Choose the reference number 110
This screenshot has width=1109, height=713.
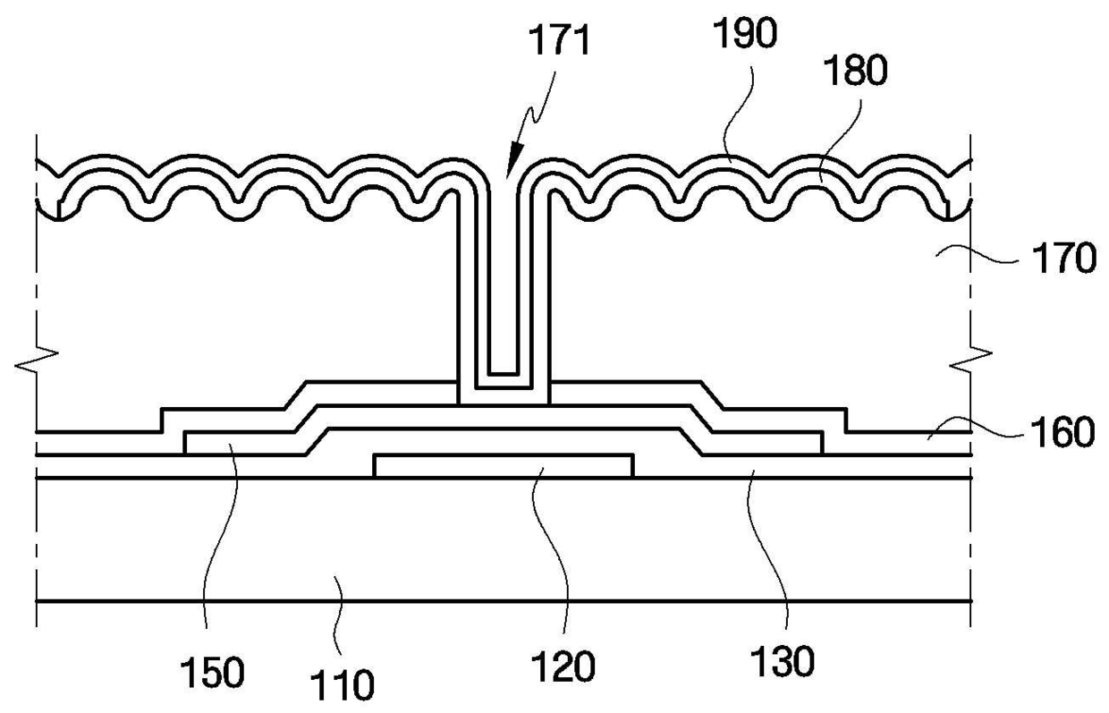(x=343, y=687)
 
